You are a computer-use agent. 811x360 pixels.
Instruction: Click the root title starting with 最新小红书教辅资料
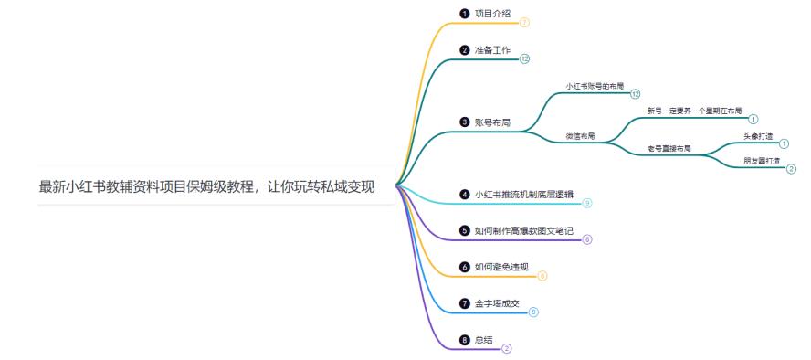pyautogui.click(x=207, y=187)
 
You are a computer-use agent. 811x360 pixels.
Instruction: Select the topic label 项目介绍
pyautogui.click(x=494, y=15)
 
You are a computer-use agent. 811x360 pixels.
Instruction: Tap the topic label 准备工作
pyautogui.click(x=494, y=50)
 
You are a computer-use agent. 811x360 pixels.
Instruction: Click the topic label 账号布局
pyautogui.click(x=492, y=122)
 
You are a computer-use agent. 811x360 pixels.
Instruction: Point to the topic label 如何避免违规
pyautogui.click(x=501, y=267)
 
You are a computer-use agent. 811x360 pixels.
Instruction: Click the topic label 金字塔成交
pyautogui.click(x=498, y=303)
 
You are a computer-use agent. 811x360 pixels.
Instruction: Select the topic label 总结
pyautogui.click(x=484, y=340)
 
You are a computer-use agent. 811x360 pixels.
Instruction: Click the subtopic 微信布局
pyautogui.click(x=580, y=136)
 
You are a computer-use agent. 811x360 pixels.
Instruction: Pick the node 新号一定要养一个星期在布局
pyautogui.click(x=694, y=111)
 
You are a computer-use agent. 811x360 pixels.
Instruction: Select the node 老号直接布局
pyautogui.click(x=669, y=148)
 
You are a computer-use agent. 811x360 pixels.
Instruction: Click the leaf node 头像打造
pyautogui.click(x=758, y=136)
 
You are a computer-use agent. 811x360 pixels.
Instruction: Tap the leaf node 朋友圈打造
pyautogui.click(x=762, y=161)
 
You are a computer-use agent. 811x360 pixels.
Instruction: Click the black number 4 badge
pyautogui.click(x=464, y=195)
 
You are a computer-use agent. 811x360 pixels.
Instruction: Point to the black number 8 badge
pyautogui.click(x=464, y=340)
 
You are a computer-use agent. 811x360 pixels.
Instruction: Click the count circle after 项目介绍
pyautogui.click(x=525, y=22)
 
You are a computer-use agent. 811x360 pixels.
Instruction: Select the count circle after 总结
pyautogui.click(x=507, y=348)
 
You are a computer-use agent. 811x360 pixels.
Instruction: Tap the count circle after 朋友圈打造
pyautogui.click(x=791, y=169)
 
